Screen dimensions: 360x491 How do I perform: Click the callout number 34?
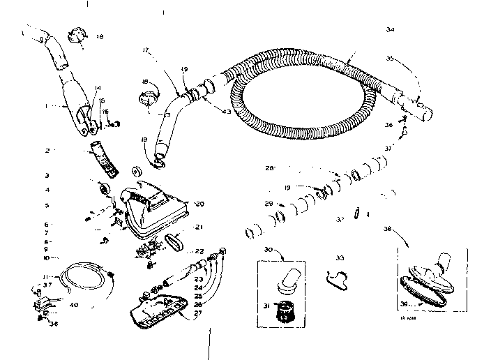(390, 29)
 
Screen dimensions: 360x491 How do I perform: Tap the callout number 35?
(391, 59)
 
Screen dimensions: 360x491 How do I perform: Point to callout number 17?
(147, 50)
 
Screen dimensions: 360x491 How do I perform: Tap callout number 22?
(199, 251)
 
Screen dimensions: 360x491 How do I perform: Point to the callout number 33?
(340, 258)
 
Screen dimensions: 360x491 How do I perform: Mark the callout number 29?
(268, 203)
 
